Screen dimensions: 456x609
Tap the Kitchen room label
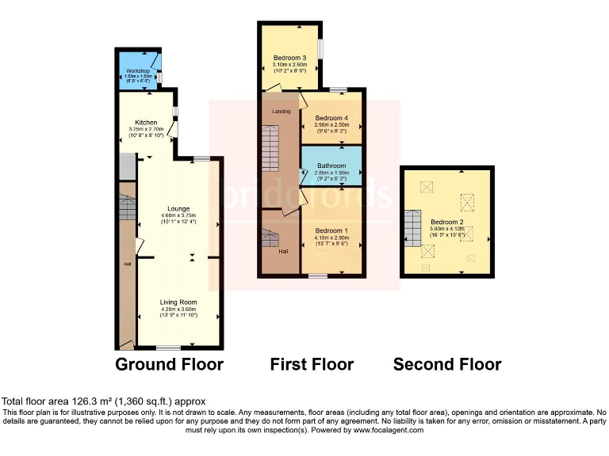[x=146, y=123]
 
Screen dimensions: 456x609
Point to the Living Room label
[x=178, y=302]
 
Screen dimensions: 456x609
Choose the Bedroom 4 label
[x=331, y=119]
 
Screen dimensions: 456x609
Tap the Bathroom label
[x=332, y=166]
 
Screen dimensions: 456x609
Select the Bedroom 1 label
[x=332, y=230]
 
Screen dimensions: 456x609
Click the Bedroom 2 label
[x=446, y=222]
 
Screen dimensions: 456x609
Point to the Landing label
[x=281, y=112]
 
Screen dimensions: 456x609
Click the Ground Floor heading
[x=169, y=365]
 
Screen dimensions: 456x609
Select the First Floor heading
[x=312, y=365]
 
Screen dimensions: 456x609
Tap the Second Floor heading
[x=447, y=365]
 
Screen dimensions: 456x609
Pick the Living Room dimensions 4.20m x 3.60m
[x=178, y=310]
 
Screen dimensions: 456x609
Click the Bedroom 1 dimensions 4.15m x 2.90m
[x=332, y=237]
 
